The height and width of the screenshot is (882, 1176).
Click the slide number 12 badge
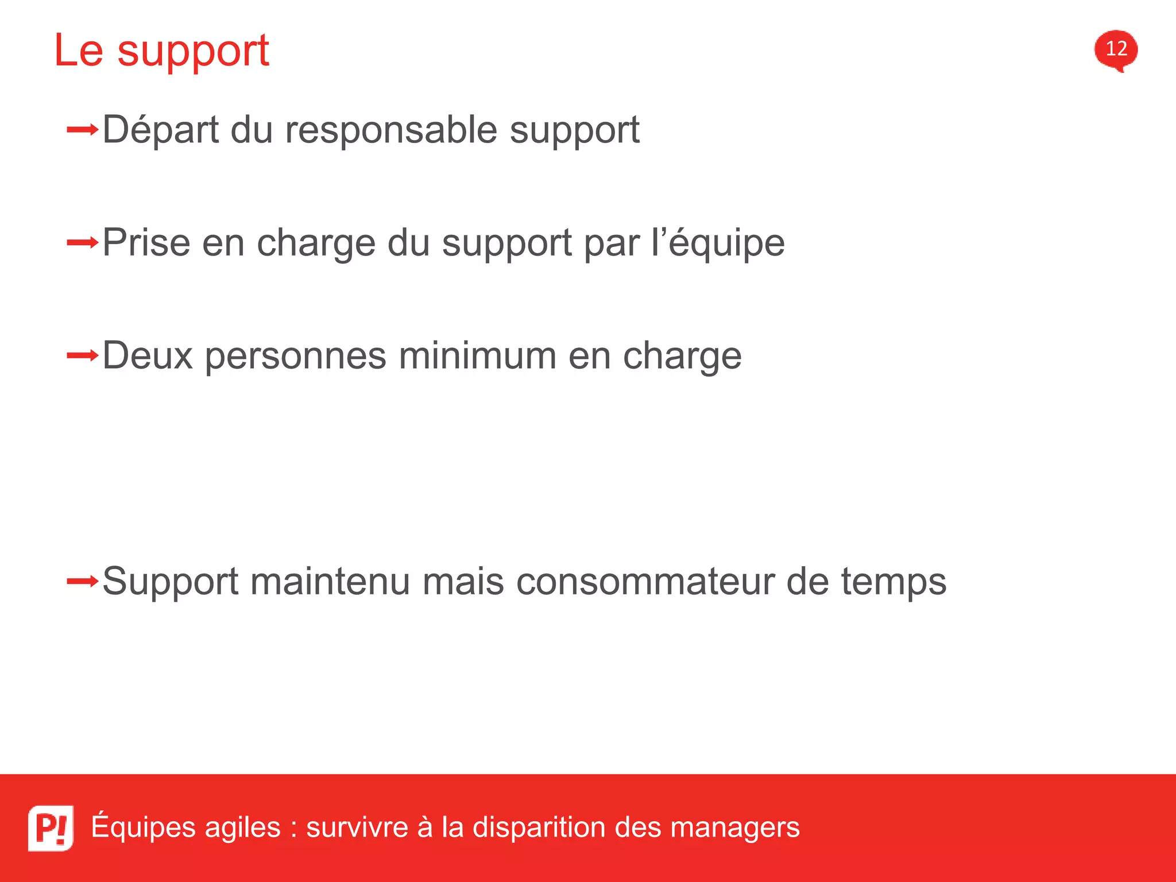coord(1116,49)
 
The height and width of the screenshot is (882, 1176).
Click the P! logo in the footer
coord(51,827)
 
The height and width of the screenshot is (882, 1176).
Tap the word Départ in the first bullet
coord(161,130)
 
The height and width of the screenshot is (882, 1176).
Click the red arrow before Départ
coord(83,130)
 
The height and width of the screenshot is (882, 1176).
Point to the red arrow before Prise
coord(83,243)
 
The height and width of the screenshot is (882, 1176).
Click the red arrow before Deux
coord(83,356)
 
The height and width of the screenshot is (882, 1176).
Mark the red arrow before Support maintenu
coord(83,582)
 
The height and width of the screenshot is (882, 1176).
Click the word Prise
coord(146,242)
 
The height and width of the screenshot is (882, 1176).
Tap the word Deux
coord(148,355)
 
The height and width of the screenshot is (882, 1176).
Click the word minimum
coord(478,355)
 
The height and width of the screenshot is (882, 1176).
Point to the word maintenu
coord(330,581)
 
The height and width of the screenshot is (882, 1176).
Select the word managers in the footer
coord(735,828)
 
